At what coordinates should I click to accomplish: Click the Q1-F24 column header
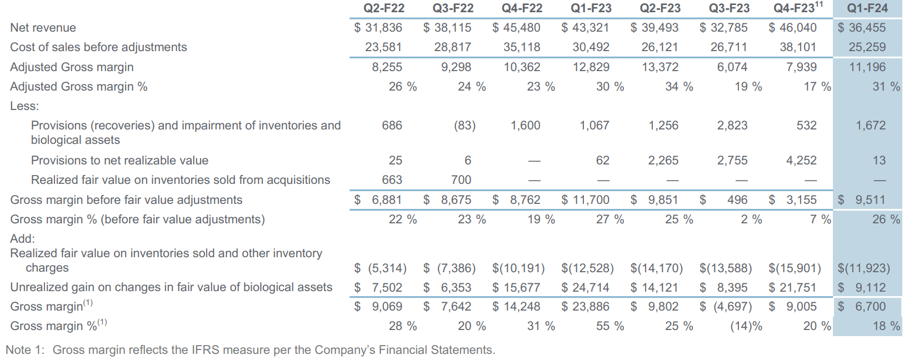pyautogui.click(x=867, y=8)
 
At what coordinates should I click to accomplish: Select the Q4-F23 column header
pyautogui.click(x=795, y=8)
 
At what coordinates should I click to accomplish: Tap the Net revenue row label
pyautogui.click(x=43, y=28)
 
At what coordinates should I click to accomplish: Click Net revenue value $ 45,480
pyautogui.click(x=516, y=28)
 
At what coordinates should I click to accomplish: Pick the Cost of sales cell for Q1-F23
pyautogui.click(x=591, y=47)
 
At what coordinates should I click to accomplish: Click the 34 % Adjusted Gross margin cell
pyautogui.click(x=679, y=87)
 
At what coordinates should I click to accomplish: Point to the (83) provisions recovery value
pyautogui.click(x=465, y=126)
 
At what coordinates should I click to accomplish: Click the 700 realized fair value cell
pyautogui.click(x=461, y=180)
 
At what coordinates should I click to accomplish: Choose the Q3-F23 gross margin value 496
pyautogui.click(x=737, y=200)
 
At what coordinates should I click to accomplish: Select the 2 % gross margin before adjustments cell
pyautogui.click(x=751, y=219)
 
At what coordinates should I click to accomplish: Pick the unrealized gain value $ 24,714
pyautogui.click(x=585, y=288)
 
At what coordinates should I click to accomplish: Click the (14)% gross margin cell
pyautogui.click(x=746, y=326)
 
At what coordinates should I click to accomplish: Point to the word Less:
pyautogui.click(x=24, y=106)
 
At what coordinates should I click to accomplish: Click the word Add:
pyautogui.click(x=22, y=239)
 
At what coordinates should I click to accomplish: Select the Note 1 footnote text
pyautogui.click(x=250, y=350)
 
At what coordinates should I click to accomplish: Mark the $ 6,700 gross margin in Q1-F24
pyautogui.click(x=862, y=307)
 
